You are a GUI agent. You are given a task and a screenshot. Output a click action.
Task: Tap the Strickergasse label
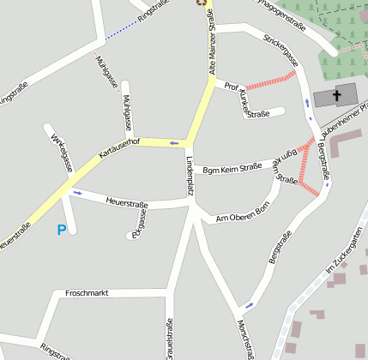pyautogui.click(x=281, y=51)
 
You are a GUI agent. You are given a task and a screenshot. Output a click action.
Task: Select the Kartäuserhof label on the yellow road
pyautogui.click(x=119, y=147)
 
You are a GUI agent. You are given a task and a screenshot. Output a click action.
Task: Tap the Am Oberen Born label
pyautogui.click(x=243, y=213)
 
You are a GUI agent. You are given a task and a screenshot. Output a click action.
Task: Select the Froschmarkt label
pyautogui.click(x=87, y=293)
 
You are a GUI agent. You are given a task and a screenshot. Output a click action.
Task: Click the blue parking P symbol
pyautogui.click(x=61, y=230)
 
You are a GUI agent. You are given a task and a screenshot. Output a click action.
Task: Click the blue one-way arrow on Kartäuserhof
pyautogui.click(x=174, y=142)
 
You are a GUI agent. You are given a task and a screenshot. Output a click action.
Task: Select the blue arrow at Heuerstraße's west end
pyautogui.click(x=77, y=192)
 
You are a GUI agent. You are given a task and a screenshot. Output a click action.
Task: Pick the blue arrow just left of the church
pyautogui.click(x=307, y=104)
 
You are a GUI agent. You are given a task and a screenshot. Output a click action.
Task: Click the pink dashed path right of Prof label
pyautogui.click(x=271, y=79)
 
